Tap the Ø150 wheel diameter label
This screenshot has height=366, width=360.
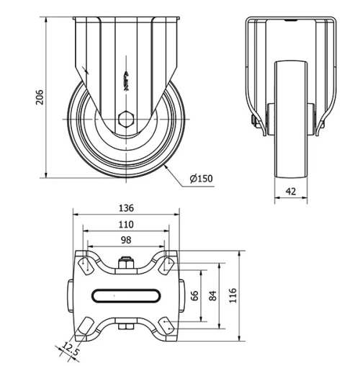click(202, 178)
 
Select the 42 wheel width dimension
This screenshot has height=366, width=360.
click(291, 191)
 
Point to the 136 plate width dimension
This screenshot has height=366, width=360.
click(125, 208)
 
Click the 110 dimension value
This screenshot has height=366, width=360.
click(125, 224)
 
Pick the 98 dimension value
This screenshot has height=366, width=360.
click(125, 240)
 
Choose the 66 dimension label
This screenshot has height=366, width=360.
click(194, 295)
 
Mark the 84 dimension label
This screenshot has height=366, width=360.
click(212, 295)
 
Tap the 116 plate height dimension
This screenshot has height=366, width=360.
click(233, 295)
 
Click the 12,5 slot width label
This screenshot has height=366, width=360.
click(69, 351)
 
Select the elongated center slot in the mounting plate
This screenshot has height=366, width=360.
click(125, 295)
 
